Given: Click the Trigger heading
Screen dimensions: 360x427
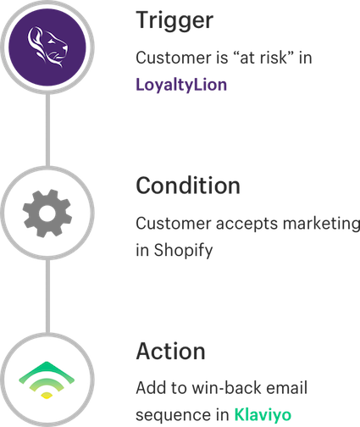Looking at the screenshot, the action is tap(174, 21).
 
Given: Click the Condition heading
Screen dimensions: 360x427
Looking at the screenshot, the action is tap(188, 186).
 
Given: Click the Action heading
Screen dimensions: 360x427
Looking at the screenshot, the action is tap(170, 351).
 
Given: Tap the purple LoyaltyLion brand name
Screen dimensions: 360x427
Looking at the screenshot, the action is tap(181, 85).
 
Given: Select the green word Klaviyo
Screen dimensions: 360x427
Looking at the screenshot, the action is tap(263, 415).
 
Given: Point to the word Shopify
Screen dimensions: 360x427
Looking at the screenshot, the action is tap(183, 251).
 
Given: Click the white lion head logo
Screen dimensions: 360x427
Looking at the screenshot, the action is tap(47, 47).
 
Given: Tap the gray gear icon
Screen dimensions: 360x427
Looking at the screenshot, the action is tap(47, 213).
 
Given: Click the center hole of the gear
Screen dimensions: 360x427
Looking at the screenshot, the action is tap(47, 213).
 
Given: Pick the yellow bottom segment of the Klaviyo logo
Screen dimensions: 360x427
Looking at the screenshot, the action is tap(47, 395).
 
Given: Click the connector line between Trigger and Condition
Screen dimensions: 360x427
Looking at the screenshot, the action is tap(47, 130).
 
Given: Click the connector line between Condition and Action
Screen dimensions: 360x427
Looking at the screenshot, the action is tap(47, 296).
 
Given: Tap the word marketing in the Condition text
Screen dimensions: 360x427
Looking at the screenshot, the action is tap(321, 225).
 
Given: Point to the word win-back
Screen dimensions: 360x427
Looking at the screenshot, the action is tap(227, 388).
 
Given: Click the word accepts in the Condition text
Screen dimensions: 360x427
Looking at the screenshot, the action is tap(247, 225).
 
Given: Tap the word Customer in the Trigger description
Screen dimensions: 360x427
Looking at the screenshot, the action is tap(174, 58).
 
